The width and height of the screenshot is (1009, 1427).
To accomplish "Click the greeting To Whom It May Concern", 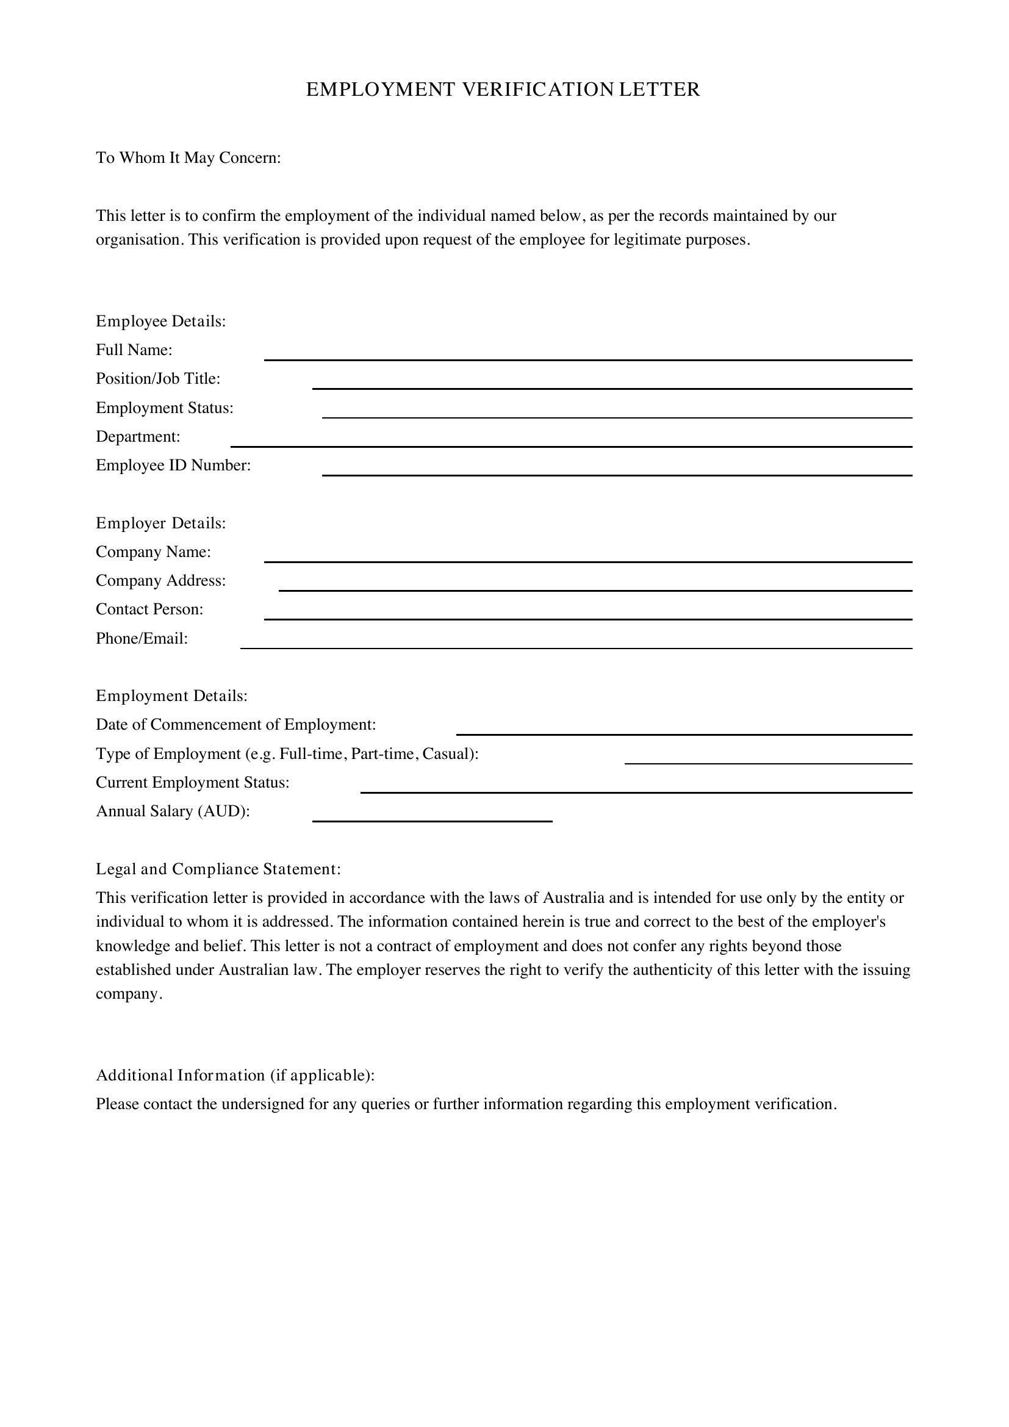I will click(x=189, y=158).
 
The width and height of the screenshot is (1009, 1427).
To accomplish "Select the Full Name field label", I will click(x=134, y=350).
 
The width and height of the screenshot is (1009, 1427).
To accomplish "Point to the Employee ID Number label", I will click(x=173, y=465).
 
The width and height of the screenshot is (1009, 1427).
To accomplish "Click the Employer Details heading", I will click(x=160, y=523).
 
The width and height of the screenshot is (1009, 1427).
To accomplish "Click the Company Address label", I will click(x=160, y=580).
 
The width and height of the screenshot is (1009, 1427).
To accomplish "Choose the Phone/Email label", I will click(x=142, y=638).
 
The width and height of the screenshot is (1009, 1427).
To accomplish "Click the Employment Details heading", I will click(x=171, y=696).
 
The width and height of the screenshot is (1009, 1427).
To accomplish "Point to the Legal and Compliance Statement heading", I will click(x=218, y=869).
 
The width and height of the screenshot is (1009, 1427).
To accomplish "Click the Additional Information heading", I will click(x=235, y=1075).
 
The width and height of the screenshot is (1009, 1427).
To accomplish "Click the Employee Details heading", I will click(x=160, y=322).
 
